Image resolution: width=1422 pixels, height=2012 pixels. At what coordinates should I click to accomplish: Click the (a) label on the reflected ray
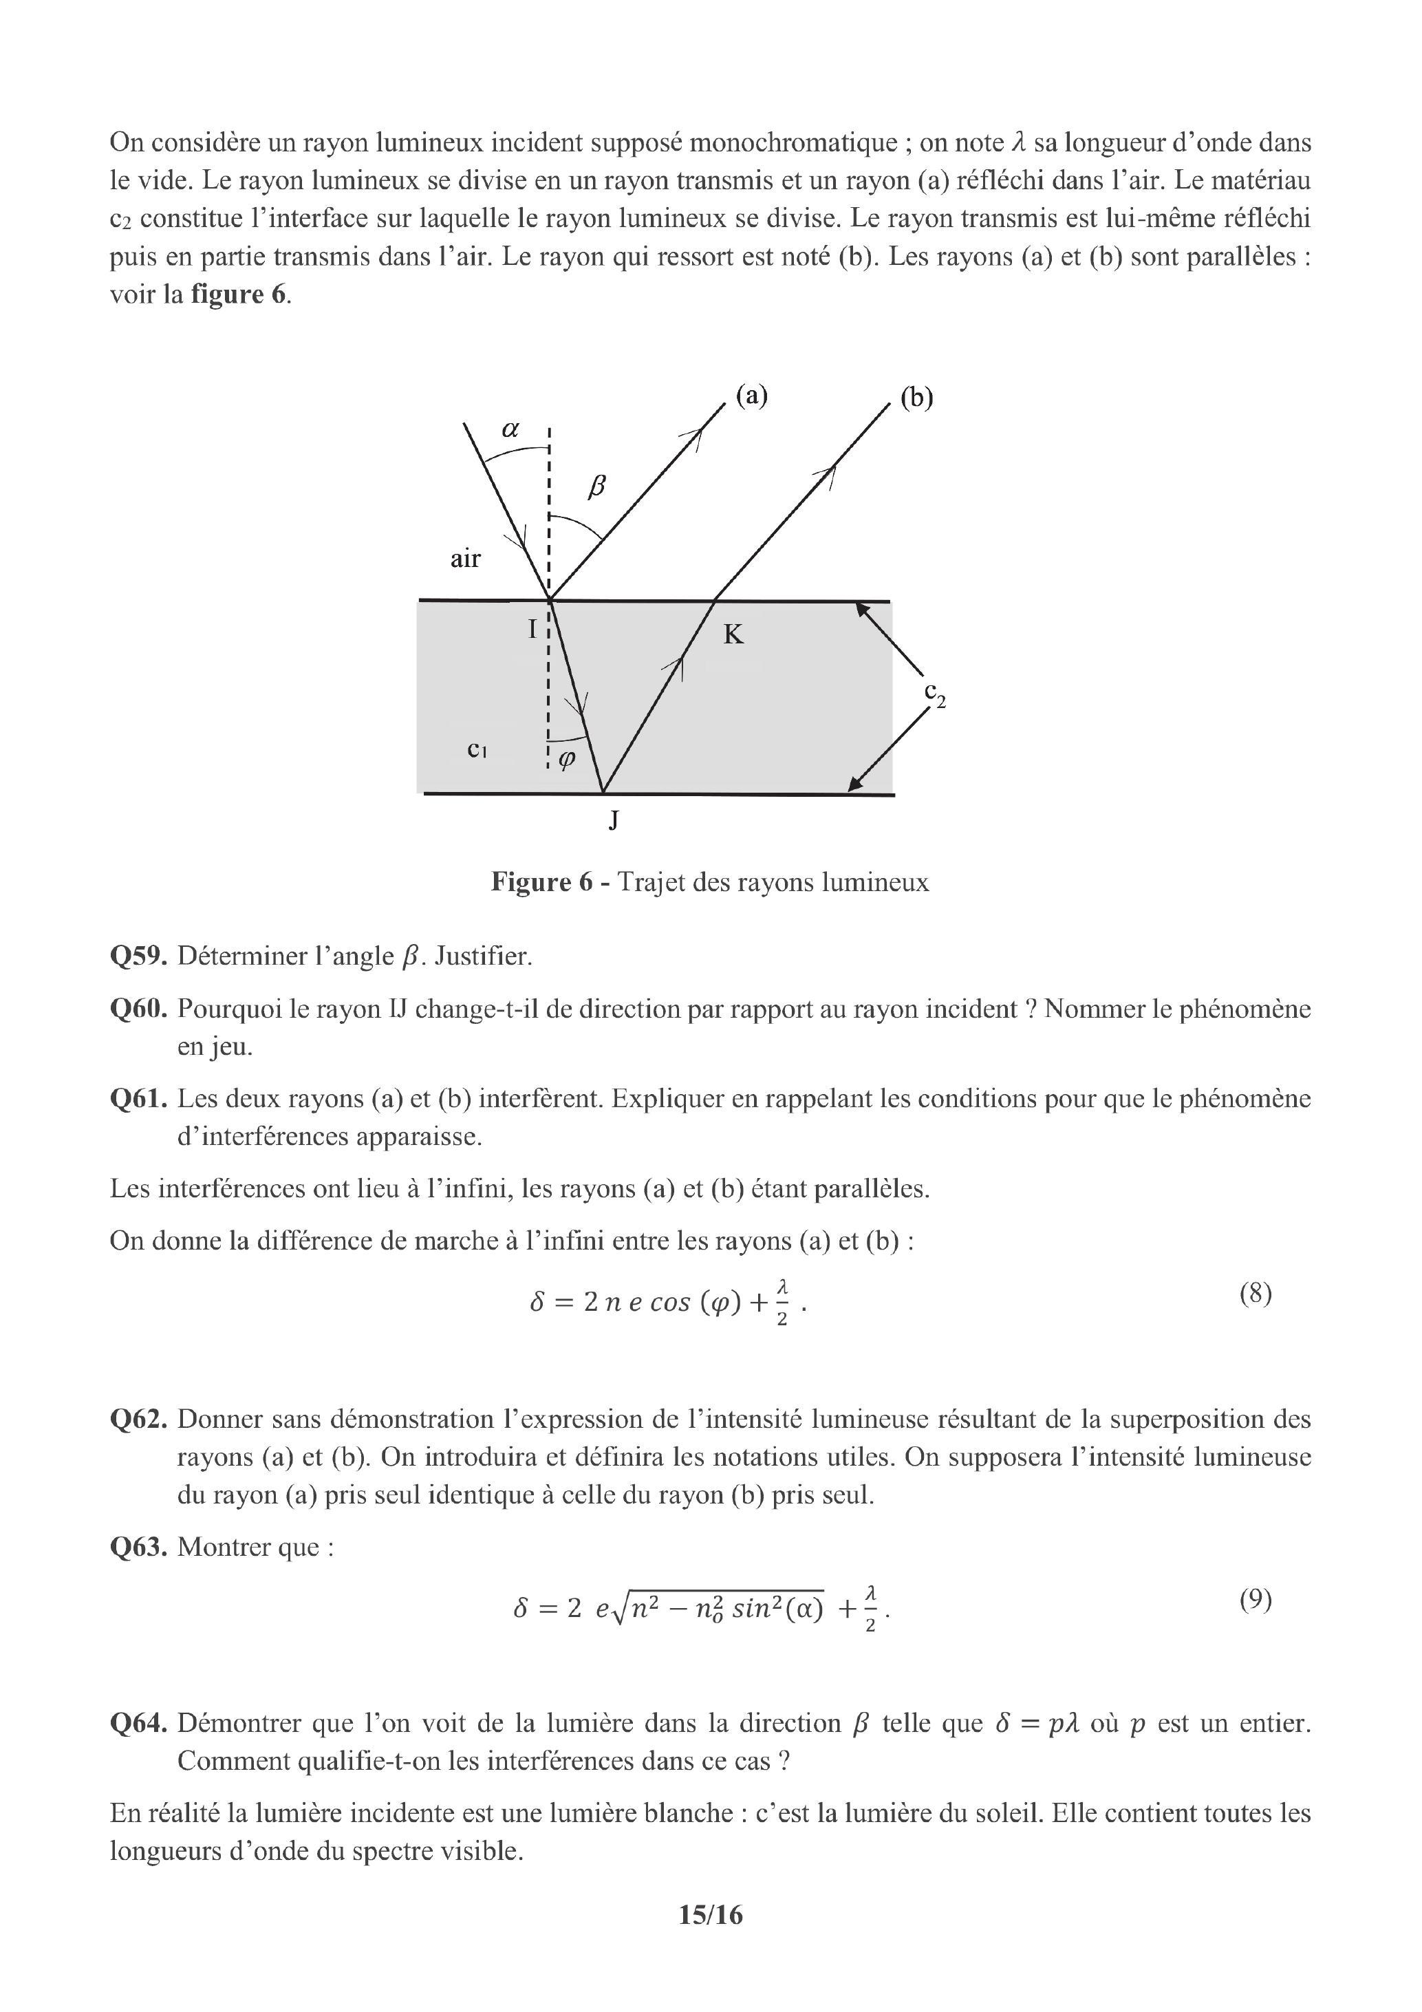(751, 396)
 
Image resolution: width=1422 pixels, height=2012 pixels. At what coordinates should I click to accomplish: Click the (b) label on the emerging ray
(916, 398)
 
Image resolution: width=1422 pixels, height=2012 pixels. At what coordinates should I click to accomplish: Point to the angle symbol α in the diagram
(510, 429)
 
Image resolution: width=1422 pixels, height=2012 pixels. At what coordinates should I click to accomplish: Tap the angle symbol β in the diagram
(596, 486)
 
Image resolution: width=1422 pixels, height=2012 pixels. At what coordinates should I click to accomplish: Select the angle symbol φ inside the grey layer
(567, 759)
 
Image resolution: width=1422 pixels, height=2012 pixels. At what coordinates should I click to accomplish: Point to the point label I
(532, 628)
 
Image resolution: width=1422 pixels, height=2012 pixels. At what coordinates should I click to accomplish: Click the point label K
(733, 634)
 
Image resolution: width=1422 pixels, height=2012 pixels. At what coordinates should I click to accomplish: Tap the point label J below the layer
(614, 820)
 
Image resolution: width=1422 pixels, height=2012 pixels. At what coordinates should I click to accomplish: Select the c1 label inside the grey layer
(477, 749)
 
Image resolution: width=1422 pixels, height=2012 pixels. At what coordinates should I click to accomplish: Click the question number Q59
(138, 955)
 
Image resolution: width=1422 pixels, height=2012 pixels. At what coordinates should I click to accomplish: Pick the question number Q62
(138, 1419)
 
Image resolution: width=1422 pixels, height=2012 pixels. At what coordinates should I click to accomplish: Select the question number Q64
(138, 1723)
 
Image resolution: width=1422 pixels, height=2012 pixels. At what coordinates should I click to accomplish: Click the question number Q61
(138, 1098)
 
